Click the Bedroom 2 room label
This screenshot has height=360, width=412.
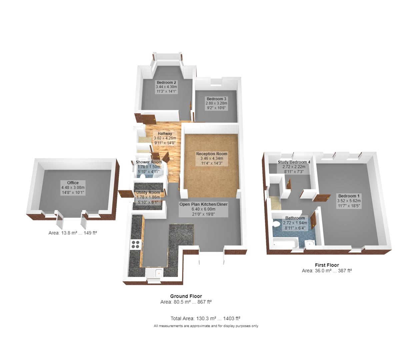point(166,82)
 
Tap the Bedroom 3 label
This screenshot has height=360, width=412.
point(216,99)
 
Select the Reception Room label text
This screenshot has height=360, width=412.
point(212,154)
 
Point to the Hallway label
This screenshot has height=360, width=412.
point(165,134)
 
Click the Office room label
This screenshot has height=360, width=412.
point(73,183)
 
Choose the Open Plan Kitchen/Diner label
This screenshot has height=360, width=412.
point(203,204)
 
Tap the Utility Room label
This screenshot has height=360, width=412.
point(148,193)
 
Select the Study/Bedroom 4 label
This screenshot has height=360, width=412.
point(294,162)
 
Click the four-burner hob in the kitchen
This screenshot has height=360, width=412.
point(135,244)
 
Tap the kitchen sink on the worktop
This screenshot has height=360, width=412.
point(154,274)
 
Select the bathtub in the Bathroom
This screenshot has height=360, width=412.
point(283,244)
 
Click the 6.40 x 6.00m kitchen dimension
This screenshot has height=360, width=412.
point(203,209)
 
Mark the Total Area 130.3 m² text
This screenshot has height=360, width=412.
point(206,319)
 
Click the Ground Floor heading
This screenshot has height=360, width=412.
point(186,296)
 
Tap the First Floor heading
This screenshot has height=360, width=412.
point(327,265)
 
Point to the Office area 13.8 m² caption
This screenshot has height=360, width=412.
point(73,233)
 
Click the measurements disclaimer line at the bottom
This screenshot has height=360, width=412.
point(206,326)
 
